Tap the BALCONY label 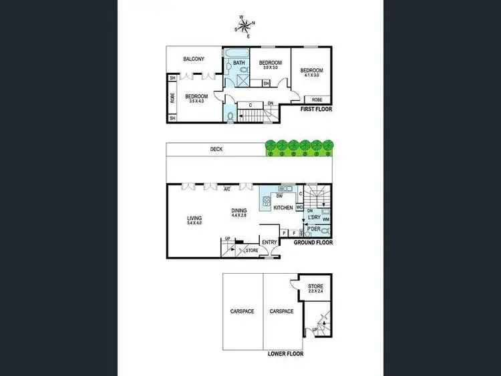194,59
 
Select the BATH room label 239,63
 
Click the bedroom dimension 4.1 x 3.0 311,75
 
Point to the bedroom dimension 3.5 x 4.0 196,102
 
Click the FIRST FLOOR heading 316,108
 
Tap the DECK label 216,150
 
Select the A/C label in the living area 227,188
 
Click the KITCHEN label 283,208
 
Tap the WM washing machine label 326,218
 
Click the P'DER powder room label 312,230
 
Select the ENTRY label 270,242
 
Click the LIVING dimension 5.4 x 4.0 194,223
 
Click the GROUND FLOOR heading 313,243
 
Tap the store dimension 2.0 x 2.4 315,292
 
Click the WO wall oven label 300,208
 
